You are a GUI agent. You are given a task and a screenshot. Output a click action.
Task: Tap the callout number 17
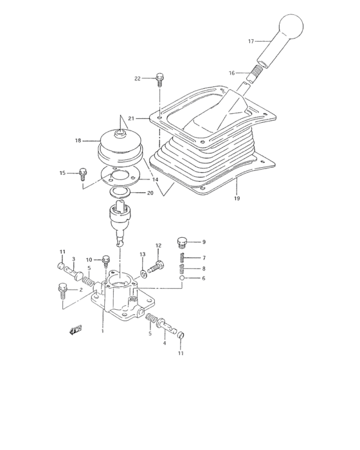pos(252,40)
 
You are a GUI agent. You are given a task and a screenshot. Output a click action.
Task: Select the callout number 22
pos(138,78)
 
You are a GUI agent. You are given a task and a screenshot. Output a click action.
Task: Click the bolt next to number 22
pos(159,80)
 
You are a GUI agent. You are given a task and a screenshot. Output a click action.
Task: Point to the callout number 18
pos(78,140)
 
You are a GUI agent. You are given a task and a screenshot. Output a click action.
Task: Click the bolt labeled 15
pos(83,172)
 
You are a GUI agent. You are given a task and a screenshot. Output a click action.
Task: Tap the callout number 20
pos(150,192)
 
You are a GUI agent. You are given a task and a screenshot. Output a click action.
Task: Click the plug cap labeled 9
pos(182,243)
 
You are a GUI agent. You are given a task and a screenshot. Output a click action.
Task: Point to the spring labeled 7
pos(182,258)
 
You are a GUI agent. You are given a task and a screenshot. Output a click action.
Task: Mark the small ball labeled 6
pos(182,278)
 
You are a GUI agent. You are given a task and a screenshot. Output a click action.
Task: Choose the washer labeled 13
pos(144,265)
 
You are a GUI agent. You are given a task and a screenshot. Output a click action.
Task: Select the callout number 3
pos(73,260)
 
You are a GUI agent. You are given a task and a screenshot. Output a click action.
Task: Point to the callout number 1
pos(102,332)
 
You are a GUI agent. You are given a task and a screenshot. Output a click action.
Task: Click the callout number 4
pos(164,343)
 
